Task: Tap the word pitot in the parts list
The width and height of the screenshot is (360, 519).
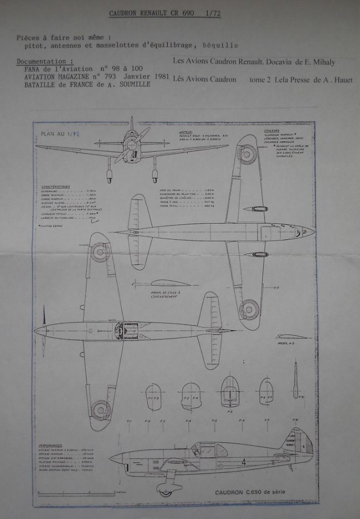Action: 33,44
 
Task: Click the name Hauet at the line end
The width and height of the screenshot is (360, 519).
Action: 340,80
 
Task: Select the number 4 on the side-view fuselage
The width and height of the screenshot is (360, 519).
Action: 243,462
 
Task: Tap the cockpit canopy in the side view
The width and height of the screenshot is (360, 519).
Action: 202,449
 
